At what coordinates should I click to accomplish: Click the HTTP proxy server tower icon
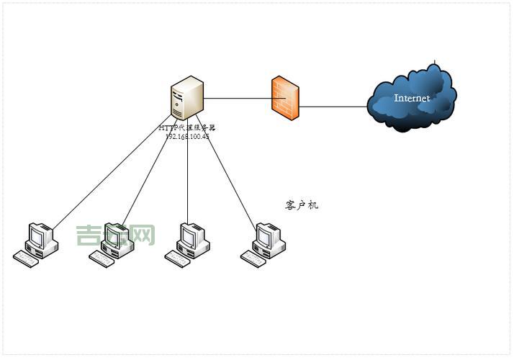(x=186, y=98)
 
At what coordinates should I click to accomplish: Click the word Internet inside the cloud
(x=412, y=98)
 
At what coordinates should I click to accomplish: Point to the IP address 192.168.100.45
(x=187, y=135)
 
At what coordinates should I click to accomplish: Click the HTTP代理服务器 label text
(x=187, y=127)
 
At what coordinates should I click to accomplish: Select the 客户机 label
(x=302, y=206)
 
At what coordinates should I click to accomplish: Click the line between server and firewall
(x=238, y=98)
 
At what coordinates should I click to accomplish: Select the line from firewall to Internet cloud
(x=333, y=107)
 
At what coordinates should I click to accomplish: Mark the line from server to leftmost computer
(x=108, y=173)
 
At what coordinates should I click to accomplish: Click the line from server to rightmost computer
(x=230, y=180)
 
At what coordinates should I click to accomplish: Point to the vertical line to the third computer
(x=188, y=180)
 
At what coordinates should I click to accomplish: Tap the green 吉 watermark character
(x=88, y=235)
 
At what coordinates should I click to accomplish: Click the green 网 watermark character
(x=143, y=235)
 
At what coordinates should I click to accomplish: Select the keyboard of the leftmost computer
(x=26, y=260)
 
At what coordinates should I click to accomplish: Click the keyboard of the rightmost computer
(x=253, y=260)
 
